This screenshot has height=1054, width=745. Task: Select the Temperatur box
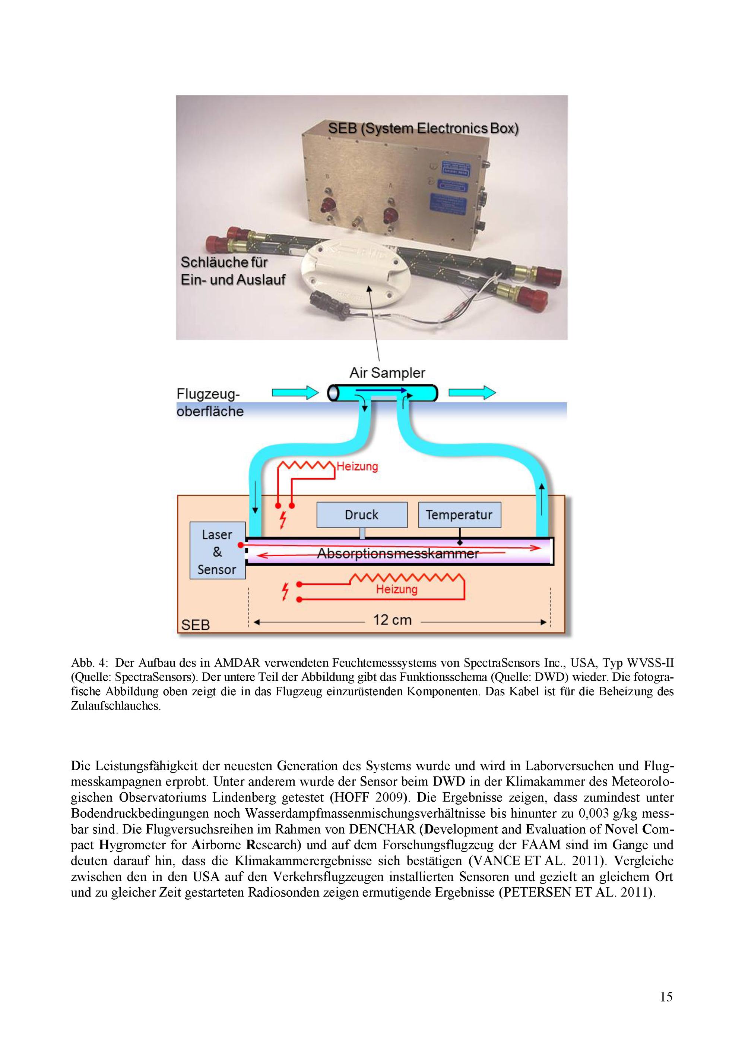pos(459,515)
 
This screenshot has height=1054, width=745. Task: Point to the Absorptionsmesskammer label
pos(398,554)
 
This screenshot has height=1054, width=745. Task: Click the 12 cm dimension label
pos(392,620)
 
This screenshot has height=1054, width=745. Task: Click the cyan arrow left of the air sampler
pos(295,393)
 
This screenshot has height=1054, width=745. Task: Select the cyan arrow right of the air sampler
pos(472,393)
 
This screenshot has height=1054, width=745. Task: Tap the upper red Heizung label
pos(357,466)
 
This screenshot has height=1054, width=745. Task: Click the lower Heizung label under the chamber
pos(397,589)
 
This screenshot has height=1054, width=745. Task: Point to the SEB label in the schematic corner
pos(196,625)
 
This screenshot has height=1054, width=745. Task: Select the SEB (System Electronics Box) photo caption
pos(423,129)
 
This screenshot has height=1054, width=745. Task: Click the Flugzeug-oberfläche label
pos(210,403)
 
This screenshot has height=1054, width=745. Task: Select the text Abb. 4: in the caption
pos(89,663)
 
